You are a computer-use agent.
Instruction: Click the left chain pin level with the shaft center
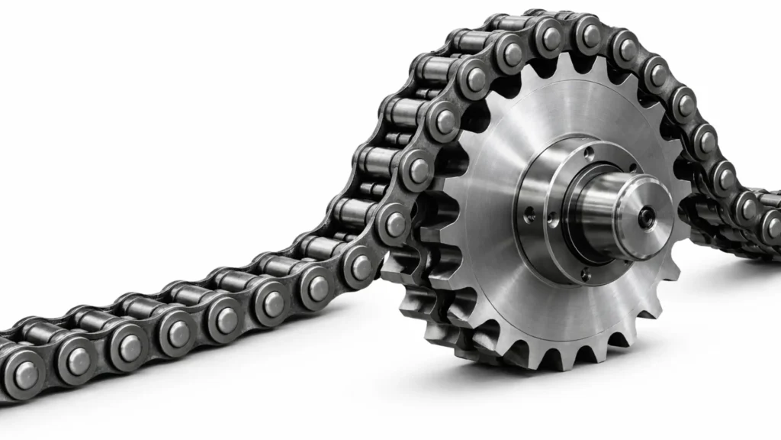pos(395,224)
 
